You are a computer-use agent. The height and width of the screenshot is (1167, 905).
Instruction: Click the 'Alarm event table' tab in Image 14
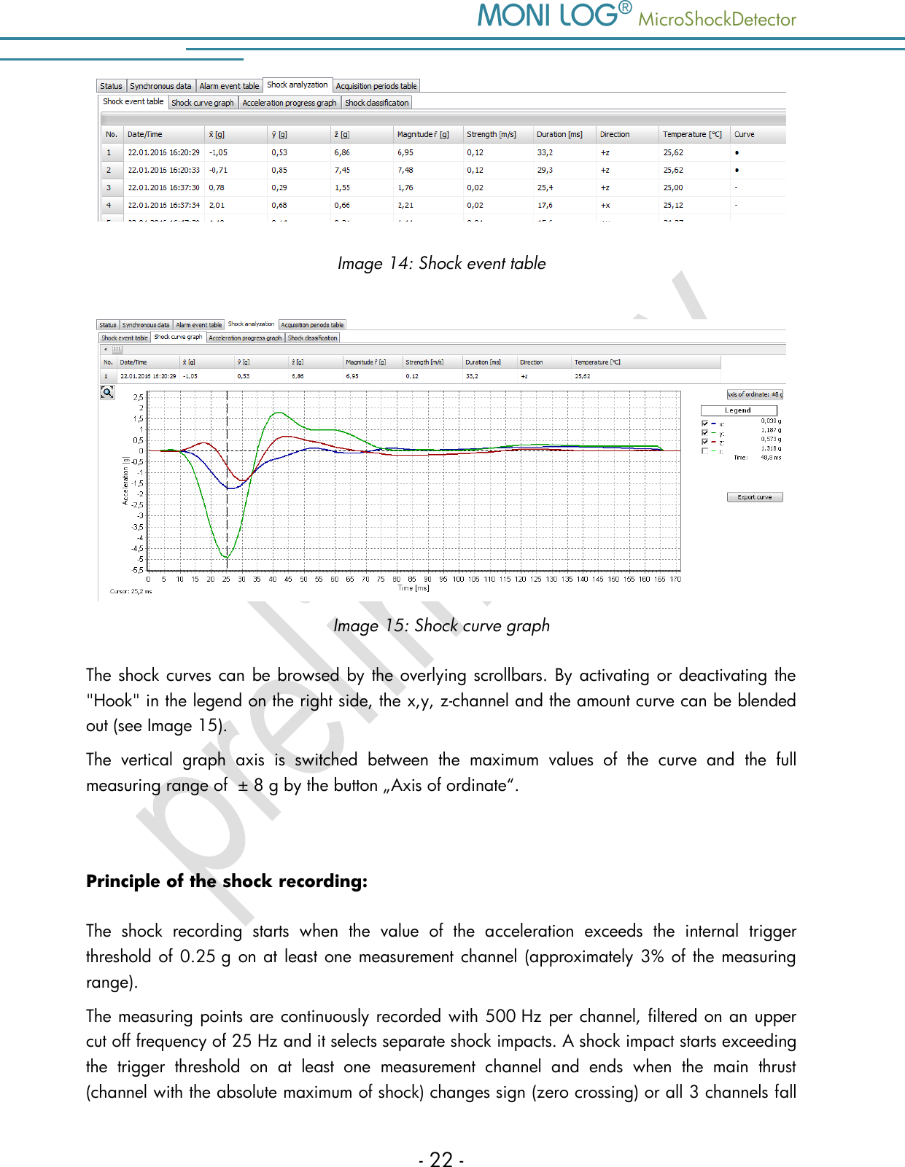229,86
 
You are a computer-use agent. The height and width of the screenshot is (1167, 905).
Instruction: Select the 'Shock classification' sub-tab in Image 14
376,103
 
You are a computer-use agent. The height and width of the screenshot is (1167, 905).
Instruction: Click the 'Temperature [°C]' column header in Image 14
691,134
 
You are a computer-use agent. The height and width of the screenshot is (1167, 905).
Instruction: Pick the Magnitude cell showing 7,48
405,170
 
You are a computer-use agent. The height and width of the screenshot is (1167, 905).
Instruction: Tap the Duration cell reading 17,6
545,205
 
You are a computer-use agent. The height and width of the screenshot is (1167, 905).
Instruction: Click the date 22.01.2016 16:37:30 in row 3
163,187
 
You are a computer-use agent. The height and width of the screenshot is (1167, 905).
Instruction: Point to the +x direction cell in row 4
605,205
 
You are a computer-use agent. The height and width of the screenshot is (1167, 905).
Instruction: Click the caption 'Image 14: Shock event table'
441,263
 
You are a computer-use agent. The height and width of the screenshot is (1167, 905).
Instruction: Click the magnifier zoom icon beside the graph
107,392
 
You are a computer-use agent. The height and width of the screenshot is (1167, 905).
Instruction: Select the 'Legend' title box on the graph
738,410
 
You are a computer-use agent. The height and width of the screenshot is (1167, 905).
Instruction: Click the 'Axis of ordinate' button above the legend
754,394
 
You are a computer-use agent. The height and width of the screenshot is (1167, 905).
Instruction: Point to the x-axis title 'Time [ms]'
413,588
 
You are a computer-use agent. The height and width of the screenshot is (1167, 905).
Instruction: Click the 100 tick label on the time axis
458,579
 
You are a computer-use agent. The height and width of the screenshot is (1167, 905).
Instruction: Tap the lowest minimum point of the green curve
227,558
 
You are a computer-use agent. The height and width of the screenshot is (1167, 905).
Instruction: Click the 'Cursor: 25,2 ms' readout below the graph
131,591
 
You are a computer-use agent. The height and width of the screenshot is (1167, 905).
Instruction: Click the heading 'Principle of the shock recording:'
227,881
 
